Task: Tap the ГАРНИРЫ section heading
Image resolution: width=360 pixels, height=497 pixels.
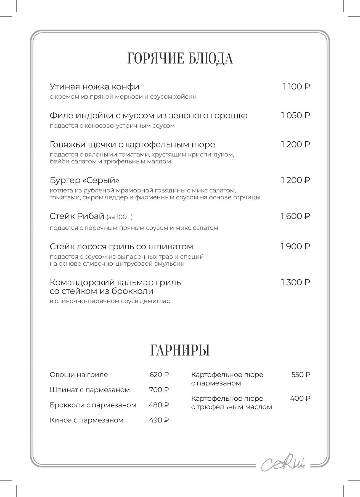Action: coord(180,350)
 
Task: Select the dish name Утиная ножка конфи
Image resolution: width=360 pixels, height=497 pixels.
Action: coord(94,87)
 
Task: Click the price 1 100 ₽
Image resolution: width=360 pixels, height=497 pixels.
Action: coord(296,87)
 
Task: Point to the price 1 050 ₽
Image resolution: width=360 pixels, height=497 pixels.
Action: coord(295,115)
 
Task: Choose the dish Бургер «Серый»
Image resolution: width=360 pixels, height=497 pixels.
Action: coord(84,180)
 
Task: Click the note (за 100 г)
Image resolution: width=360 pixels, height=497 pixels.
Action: coord(120,217)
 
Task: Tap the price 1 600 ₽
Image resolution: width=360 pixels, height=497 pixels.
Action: coord(295,216)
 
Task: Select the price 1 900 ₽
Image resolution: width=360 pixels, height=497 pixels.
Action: coord(295,246)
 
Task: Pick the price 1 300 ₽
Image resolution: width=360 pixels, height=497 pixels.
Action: coord(295,282)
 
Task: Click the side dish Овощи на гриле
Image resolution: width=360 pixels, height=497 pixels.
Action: coord(79,375)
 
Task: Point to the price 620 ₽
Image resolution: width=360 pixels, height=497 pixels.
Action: coord(159,375)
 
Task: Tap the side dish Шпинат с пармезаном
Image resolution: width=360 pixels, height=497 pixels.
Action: coord(90,390)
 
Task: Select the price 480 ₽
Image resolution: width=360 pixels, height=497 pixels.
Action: coord(159,405)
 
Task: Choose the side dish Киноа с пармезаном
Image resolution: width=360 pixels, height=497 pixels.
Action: coord(86,420)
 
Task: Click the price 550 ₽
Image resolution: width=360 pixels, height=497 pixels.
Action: coord(301,375)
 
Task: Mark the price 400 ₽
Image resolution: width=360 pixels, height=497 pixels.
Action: coord(300,398)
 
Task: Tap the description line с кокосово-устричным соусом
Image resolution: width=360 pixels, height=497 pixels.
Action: coord(112,126)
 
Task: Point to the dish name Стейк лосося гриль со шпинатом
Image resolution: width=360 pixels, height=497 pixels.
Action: coord(121,246)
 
